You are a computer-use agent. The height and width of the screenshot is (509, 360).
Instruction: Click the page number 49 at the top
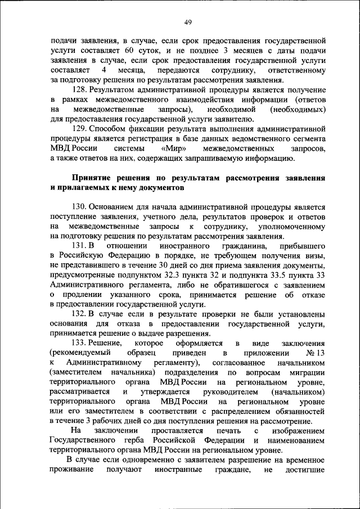[188, 22]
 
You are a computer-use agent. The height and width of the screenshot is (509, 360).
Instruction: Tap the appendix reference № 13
[316, 353]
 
